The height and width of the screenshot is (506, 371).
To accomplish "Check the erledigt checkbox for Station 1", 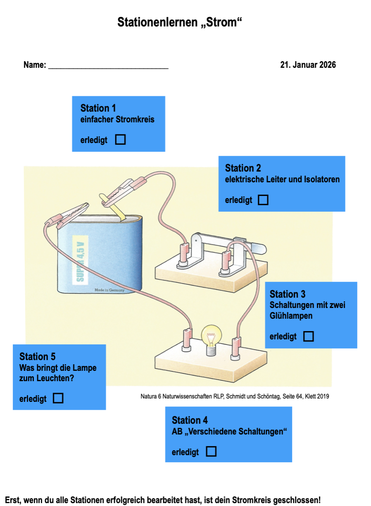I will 120,140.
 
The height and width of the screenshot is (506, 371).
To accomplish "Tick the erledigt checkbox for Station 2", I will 263,200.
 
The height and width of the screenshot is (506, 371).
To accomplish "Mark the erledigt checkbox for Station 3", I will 308,337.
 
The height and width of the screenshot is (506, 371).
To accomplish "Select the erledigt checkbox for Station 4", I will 211,451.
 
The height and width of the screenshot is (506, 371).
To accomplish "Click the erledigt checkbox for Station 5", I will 58,399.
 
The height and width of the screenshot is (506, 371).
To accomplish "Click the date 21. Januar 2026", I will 308,65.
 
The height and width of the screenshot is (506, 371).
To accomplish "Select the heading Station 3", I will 287,294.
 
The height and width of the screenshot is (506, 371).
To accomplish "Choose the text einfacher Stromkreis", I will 117,119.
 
